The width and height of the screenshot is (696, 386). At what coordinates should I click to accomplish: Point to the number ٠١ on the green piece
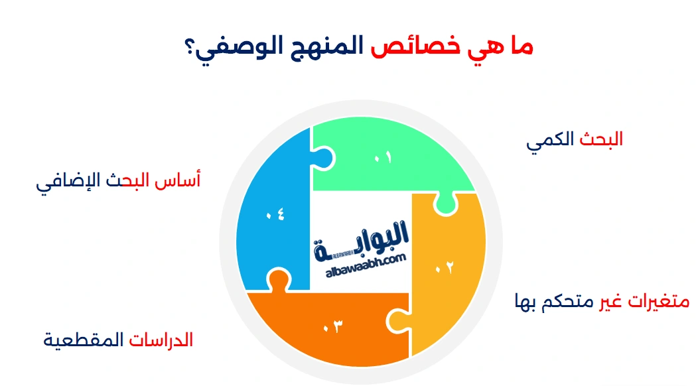383,157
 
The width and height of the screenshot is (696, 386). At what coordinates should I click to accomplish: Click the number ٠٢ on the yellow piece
445,267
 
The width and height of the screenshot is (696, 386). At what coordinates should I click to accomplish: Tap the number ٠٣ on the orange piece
333,326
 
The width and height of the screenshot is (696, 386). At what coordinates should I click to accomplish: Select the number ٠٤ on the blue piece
275,215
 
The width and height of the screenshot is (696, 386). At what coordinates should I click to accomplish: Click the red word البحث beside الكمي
601,139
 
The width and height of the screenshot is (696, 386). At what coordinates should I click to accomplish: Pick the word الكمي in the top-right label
551,141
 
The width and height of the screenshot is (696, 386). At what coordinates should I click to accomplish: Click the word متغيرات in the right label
658,302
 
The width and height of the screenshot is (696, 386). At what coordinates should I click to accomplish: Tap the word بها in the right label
525,302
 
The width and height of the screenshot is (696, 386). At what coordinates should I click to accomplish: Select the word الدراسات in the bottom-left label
161,340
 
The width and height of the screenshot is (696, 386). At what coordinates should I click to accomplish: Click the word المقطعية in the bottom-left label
84,341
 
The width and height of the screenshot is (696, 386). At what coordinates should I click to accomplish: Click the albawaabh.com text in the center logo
366,265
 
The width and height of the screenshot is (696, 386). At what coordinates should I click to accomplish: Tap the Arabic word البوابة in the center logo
360,239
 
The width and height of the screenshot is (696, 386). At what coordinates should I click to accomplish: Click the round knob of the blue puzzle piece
325,159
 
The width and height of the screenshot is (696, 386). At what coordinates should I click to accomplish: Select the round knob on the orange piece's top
279,279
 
